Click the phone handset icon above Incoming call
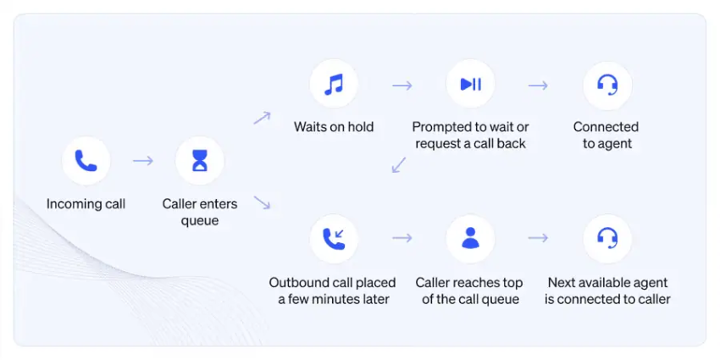coord(86,161)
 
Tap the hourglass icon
coord(200,161)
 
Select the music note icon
coord(334,85)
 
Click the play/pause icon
coord(471,85)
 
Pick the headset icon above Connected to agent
coord(607,85)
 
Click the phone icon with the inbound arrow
coord(334,239)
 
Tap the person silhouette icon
coord(471,238)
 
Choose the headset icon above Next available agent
coord(607,238)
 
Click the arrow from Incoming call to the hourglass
coord(143,161)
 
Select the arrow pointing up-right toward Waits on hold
coord(263,118)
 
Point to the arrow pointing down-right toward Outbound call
coord(263,202)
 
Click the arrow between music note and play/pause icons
coord(402,86)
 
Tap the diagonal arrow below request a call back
coord(399,165)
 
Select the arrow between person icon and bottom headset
coord(538,238)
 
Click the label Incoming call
coord(86,204)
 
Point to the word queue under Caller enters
coord(200,221)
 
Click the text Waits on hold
coord(334,127)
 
